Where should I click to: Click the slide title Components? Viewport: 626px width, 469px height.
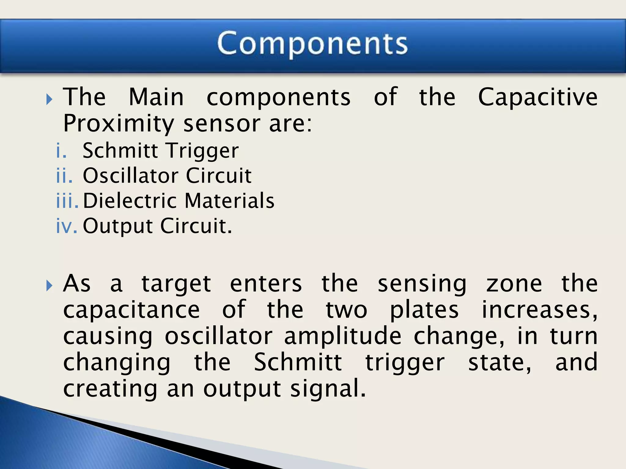(x=312, y=44)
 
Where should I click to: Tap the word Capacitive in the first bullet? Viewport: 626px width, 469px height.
(x=538, y=97)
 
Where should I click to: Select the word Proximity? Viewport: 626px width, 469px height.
(x=119, y=124)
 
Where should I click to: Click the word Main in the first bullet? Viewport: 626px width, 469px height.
(x=156, y=97)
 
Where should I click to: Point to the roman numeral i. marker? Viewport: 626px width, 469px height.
(x=61, y=151)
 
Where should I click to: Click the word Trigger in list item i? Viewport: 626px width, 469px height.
(x=203, y=151)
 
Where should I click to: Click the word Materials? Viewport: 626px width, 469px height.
(x=230, y=201)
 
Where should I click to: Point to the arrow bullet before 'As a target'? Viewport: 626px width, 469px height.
(x=49, y=286)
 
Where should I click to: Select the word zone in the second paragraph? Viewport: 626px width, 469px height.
(x=514, y=284)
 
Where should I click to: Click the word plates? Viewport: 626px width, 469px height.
(x=424, y=310)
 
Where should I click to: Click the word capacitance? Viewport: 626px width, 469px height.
(x=131, y=310)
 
